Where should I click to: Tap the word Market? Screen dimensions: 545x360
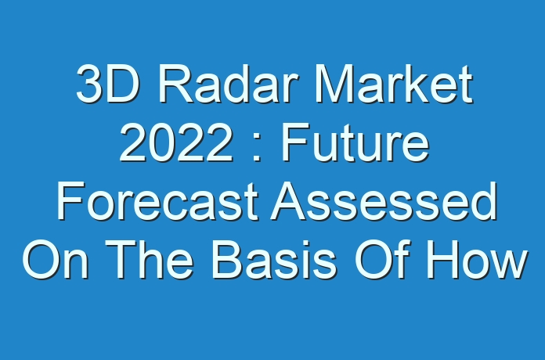click(394, 84)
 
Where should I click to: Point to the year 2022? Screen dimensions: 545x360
click(176, 142)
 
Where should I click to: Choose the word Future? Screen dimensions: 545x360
click(356, 142)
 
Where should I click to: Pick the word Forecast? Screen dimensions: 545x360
click(157, 202)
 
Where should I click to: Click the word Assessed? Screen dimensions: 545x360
click(384, 202)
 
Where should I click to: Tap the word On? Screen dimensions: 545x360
click(56, 260)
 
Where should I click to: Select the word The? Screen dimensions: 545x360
click(150, 260)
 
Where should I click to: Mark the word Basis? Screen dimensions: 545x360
click(274, 260)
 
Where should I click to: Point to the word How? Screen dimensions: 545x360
click(477, 260)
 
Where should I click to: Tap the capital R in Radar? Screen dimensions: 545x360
click(175, 84)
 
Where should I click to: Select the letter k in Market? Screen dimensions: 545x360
click(421, 84)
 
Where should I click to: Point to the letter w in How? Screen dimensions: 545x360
click(510, 265)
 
